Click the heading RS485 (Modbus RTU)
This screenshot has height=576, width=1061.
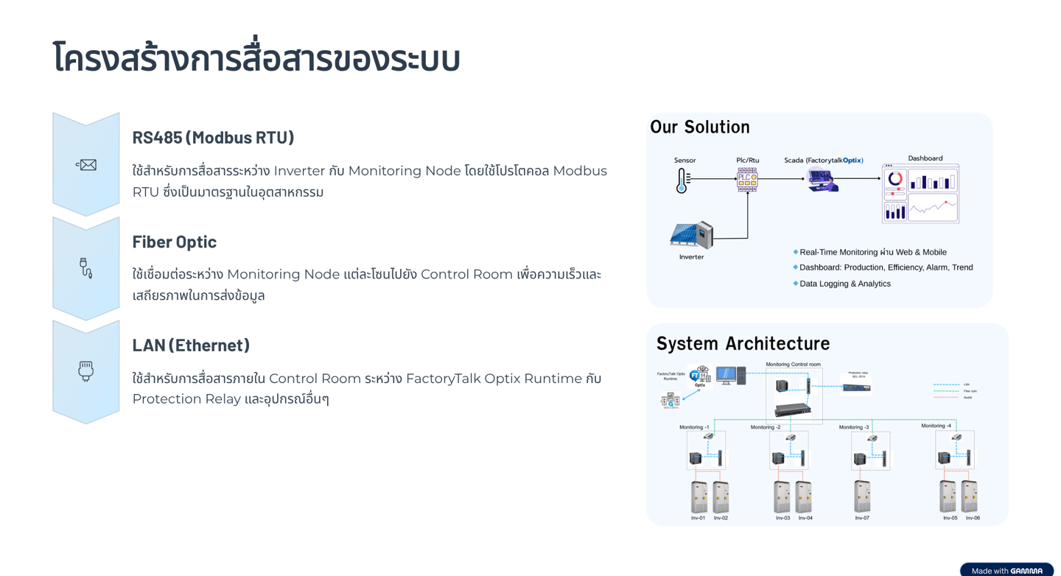(213, 138)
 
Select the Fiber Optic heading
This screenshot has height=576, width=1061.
(175, 242)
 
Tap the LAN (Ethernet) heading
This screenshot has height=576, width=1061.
(191, 345)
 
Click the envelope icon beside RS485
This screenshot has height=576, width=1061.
(86, 165)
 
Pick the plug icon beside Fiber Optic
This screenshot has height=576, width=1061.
(85, 268)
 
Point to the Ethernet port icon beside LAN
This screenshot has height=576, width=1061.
(86, 371)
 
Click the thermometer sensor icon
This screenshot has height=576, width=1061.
(683, 180)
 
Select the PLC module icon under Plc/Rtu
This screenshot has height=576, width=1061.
(747, 179)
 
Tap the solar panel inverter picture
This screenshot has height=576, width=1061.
(691, 235)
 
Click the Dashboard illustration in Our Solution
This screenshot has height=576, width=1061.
(920, 193)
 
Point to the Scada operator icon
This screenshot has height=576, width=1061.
(822, 180)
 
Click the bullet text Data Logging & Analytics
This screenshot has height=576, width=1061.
(844, 284)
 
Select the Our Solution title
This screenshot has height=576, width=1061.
(699, 127)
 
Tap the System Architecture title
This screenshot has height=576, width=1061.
(743, 343)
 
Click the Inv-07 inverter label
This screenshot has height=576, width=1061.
(862, 518)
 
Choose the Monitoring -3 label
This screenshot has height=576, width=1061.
(854, 427)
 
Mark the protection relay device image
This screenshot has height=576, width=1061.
(856, 387)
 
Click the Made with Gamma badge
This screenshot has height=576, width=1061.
(1006, 570)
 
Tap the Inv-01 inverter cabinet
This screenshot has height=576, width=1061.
(698, 497)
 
